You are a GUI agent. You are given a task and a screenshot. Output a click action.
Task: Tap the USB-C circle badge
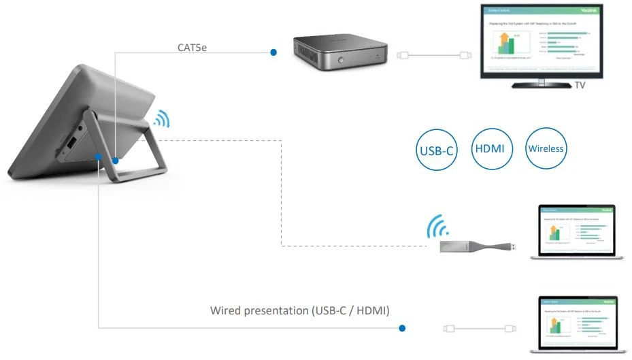click(435, 149)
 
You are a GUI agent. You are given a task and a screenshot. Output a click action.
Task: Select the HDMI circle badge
click(490, 148)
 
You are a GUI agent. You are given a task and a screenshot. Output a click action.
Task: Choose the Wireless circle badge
click(546, 148)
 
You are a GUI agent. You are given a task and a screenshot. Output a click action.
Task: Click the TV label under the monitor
click(580, 86)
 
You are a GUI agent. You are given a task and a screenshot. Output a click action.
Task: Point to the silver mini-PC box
click(340, 54)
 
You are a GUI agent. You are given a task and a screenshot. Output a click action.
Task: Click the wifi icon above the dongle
click(436, 228)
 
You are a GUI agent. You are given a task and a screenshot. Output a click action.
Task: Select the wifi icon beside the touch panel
click(161, 120)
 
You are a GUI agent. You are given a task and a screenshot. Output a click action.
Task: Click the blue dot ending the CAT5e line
click(273, 52)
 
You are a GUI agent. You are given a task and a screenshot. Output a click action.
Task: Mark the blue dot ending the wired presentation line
click(402, 328)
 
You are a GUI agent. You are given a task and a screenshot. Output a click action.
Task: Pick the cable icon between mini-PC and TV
click(435, 55)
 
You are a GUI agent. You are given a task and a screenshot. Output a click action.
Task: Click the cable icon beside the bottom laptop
click(478, 328)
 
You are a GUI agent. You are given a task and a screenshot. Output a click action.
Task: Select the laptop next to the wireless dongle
click(578, 231)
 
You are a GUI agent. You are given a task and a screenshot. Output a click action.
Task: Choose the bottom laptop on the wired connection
click(578, 323)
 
